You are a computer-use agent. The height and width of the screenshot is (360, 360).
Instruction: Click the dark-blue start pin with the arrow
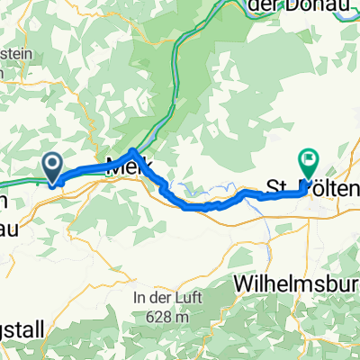(52, 165)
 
